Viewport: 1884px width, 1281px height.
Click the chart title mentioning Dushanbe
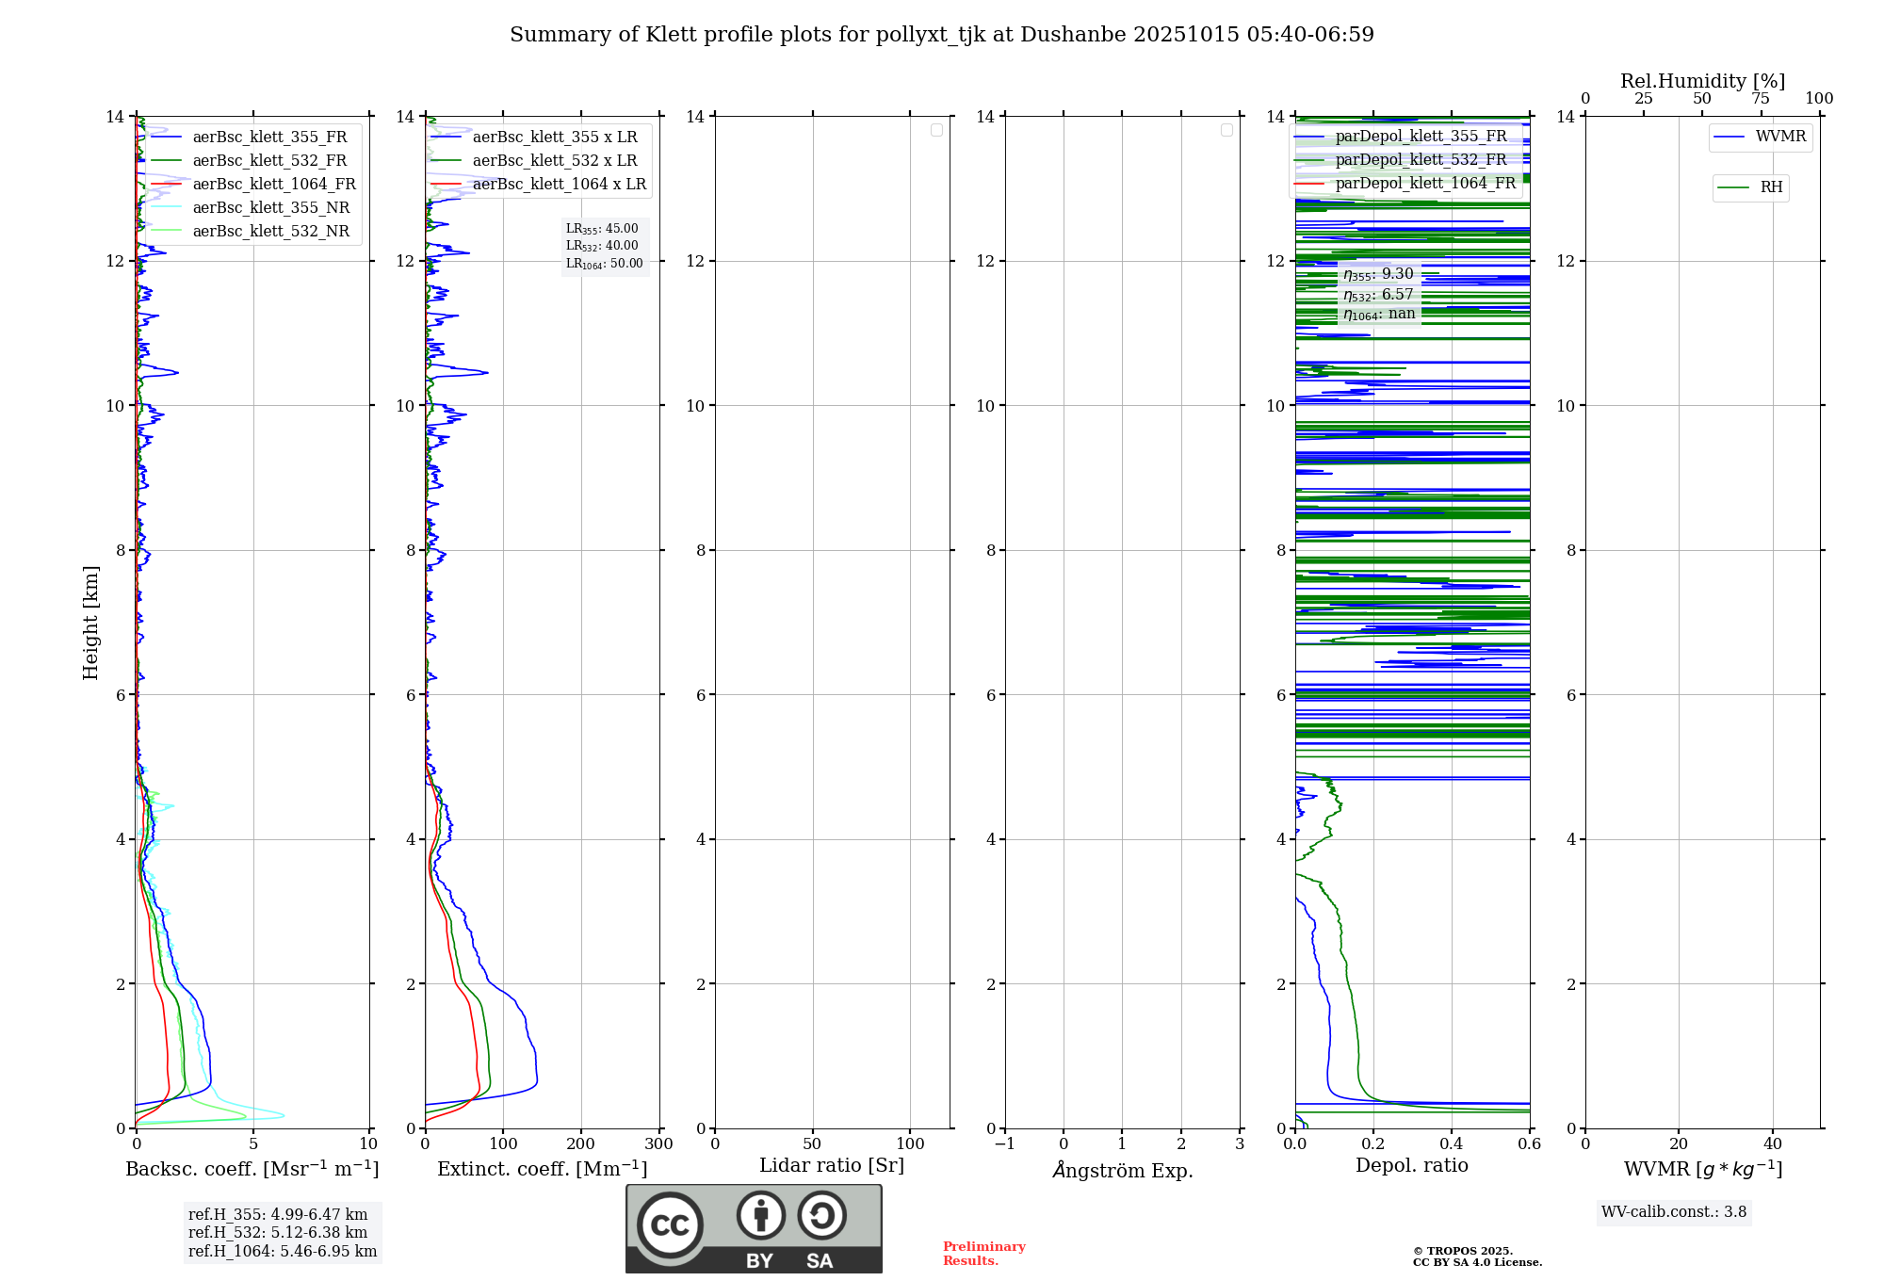click(942, 35)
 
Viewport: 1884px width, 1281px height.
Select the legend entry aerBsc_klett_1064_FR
click(273, 184)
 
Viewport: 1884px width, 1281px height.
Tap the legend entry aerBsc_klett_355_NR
click(270, 207)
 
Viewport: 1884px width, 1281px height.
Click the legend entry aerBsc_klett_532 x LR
click(554, 160)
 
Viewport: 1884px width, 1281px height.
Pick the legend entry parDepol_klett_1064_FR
click(1424, 183)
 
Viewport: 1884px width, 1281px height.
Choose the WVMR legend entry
click(1779, 137)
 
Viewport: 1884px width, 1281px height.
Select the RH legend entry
click(1770, 186)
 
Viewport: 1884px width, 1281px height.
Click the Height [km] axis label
click(90, 623)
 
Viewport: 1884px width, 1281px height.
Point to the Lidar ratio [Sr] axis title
click(831, 1165)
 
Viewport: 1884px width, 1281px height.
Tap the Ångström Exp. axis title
click(1122, 1170)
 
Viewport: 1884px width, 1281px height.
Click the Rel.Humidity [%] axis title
click(1702, 81)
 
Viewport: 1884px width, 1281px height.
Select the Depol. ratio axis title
click(1411, 1165)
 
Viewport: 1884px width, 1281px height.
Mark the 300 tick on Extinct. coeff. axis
click(658, 1144)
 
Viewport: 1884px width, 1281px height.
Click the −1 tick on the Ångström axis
click(1005, 1144)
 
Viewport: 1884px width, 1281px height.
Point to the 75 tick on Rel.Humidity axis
click(1760, 99)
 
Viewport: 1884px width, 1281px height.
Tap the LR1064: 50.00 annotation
click(604, 264)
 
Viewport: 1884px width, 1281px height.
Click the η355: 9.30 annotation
click(1378, 274)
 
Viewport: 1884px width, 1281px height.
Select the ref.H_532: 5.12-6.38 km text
click(277, 1232)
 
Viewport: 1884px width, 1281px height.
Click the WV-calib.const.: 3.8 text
click(1673, 1212)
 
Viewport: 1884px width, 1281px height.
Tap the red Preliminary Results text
click(983, 1253)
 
